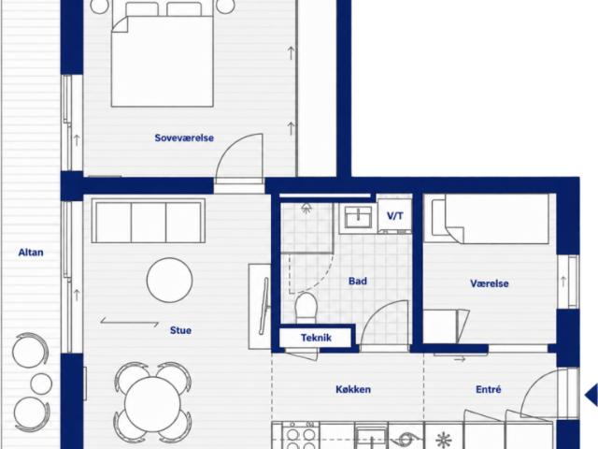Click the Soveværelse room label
(184, 138)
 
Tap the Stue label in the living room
(180, 330)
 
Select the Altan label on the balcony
(31, 253)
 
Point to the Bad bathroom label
(358, 282)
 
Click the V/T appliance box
(394, 216)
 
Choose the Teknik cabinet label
(316, 338)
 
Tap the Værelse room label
(490, 283)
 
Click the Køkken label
(353, 389)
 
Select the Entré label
(489, 389)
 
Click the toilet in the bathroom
(306, 308)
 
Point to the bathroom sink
(358, 218)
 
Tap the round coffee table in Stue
(169, 281)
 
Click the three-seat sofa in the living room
(149, 221)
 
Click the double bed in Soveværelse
(163, 54)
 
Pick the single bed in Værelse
(487, 218)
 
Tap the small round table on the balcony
(41, 384)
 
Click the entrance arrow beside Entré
(591, 395)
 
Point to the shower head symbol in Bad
(306, 209)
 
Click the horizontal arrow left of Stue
(130, 323)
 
